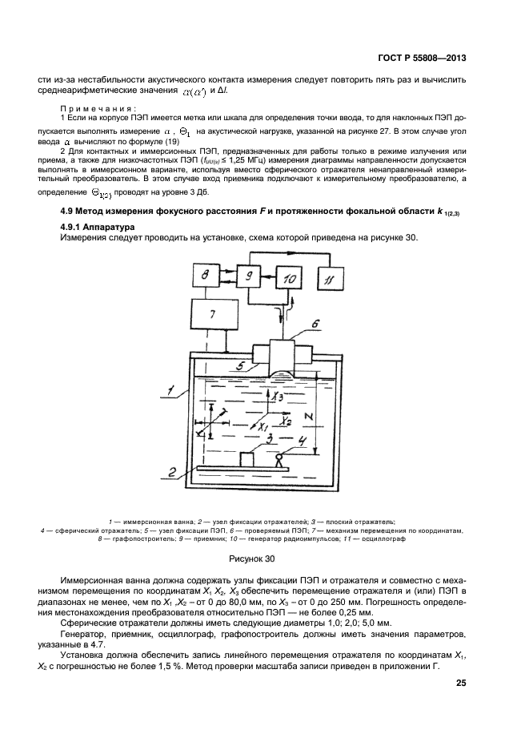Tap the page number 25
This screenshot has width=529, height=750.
[x=460, y=683]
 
